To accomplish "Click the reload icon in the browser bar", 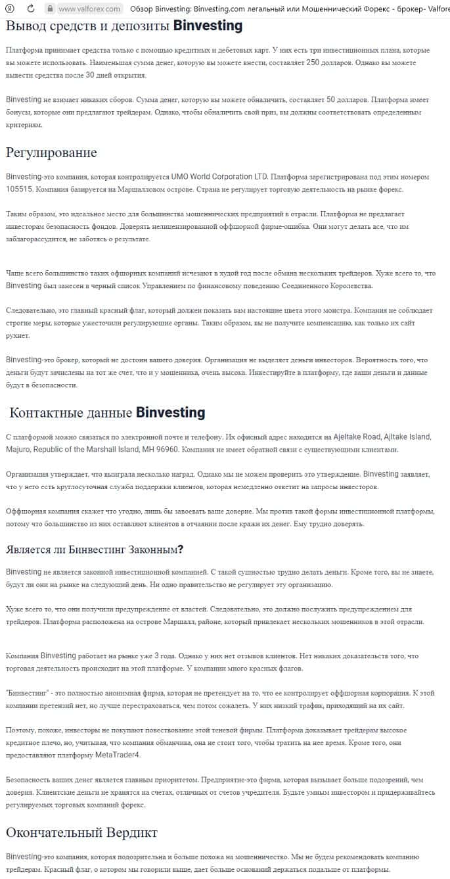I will tap(31, 9).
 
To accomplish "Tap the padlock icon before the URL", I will tap(49, 9).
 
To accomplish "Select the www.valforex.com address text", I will tap(89, 9).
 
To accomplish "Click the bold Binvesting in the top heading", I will tap(208, 26).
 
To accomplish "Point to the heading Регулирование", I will tap(51, 153).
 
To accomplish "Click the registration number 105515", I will tap(20, 189).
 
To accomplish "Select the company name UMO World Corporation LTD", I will tap(219, 177).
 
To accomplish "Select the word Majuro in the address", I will tap(18, 449).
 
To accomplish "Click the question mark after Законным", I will tap(181, 550).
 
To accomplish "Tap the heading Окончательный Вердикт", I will tap(81, 833).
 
